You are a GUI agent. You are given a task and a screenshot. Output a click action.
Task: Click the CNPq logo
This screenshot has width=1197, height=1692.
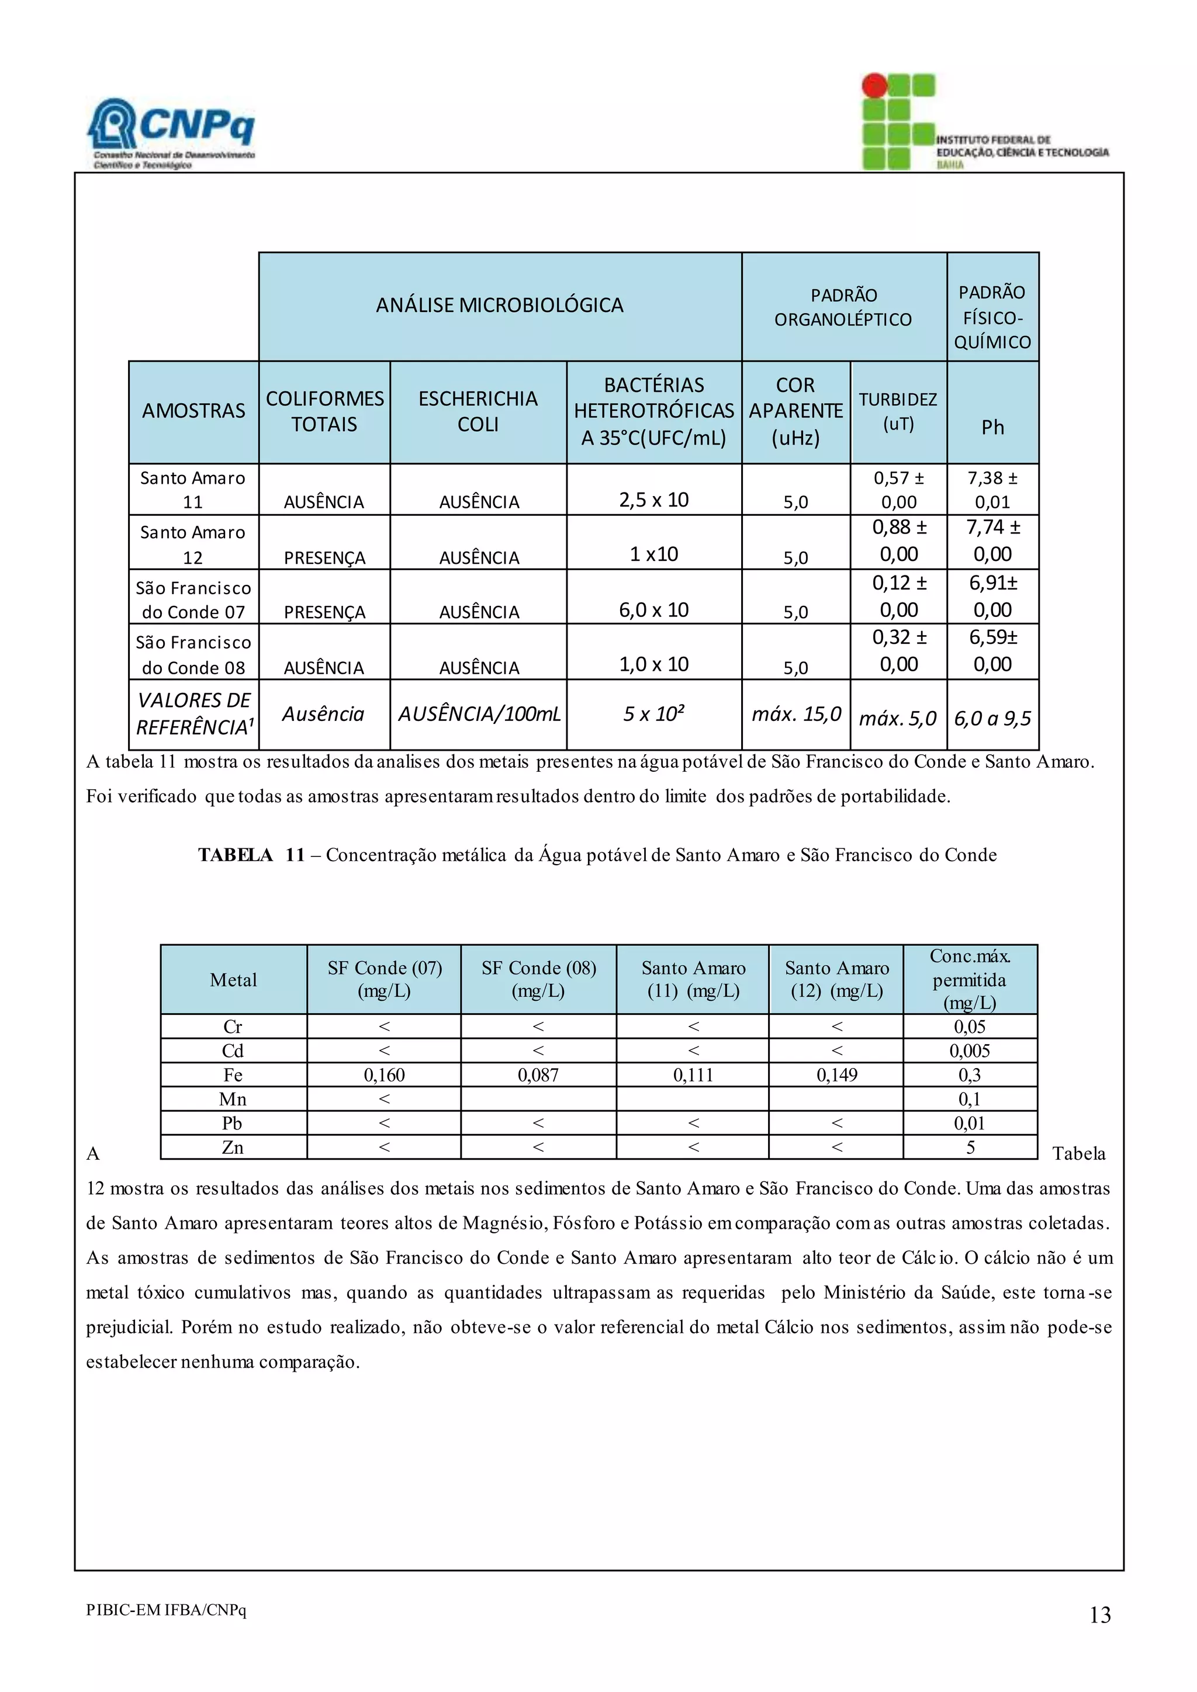tap(171, 133)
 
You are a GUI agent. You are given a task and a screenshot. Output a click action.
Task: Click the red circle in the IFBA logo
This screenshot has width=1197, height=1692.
tap(874, 85)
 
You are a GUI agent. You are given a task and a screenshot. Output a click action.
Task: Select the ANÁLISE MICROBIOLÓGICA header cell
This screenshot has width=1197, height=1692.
tap(500, 305)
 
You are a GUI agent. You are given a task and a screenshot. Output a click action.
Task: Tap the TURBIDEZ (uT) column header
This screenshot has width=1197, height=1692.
tap(898, 411)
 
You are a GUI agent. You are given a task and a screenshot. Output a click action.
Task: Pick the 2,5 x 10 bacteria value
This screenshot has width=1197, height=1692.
tap(654, 500)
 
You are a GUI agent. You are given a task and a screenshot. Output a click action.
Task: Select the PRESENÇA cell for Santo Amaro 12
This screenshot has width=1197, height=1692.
tap(324, 558)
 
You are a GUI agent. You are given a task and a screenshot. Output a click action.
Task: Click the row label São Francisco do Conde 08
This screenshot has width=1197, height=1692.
tap(193, 654)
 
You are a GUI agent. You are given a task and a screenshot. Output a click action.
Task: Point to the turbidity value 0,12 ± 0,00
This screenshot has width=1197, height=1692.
tap(898, 596)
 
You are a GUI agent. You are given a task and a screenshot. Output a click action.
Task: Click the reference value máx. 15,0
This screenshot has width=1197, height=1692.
tap(796, 713)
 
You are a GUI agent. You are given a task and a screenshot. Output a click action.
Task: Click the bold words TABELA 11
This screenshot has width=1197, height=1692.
tap(251, 855)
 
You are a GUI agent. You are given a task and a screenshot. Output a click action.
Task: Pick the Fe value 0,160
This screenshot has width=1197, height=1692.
tap(384, 1074)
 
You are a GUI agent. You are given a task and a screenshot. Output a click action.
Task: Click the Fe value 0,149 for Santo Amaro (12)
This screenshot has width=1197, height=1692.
tap(836, 1074)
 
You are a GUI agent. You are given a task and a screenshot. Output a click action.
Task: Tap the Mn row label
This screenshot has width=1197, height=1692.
tap(233, 1099)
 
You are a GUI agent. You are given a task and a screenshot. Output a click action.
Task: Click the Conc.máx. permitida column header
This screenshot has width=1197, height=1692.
tap(969, 979)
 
